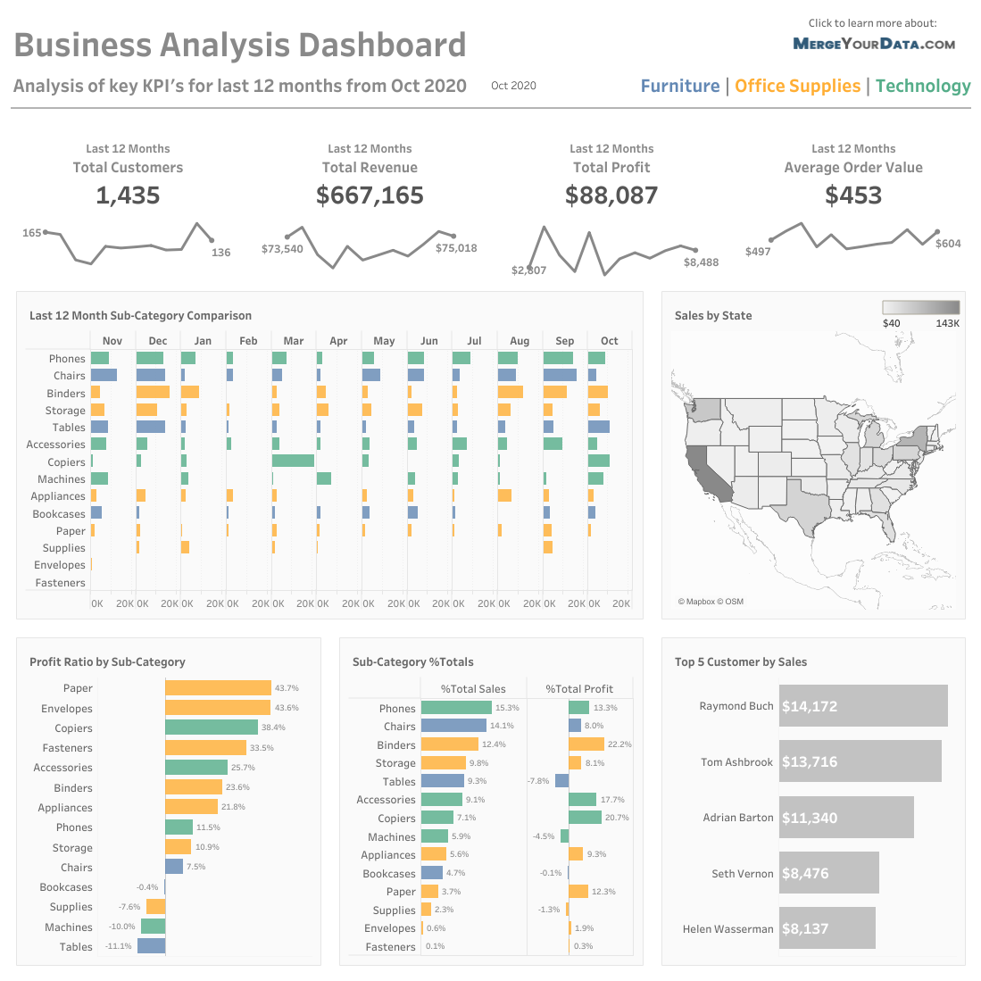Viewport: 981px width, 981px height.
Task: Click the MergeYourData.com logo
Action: [x=874, y=44]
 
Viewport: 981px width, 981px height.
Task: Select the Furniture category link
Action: [x=680, y=86]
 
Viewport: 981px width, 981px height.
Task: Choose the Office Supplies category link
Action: [x=797, y=86]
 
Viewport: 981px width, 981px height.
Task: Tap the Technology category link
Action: [x=923, y=86]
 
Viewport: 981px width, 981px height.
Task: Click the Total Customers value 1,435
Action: [x=128, y=195]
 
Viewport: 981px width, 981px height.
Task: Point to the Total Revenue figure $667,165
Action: [x=370, y=195]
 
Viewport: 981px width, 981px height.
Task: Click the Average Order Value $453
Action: [x=853, y=195]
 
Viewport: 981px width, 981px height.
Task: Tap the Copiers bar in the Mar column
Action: [x=293, y=461]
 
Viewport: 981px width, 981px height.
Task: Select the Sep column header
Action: [x=564, y=341]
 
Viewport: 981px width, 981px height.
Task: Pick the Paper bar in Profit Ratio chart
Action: [x=218, y=688]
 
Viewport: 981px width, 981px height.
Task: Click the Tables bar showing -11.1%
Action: [x=151, y=946]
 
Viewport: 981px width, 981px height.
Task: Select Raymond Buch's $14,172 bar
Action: [x=862, y=706]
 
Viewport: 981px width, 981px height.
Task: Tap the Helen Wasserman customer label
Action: [x=727, y=929]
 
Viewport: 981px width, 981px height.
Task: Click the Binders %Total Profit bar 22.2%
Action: [x=586, y=744]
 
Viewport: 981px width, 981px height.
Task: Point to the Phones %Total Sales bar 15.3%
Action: [x=456, y=708]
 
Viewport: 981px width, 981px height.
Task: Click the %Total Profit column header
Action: [x=579, y=689]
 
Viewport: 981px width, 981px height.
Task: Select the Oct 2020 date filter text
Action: [x=513, y=86]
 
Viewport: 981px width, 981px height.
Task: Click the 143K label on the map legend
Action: [x=947, y=323]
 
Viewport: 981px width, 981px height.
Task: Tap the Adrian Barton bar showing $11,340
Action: [x=845, y=818]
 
